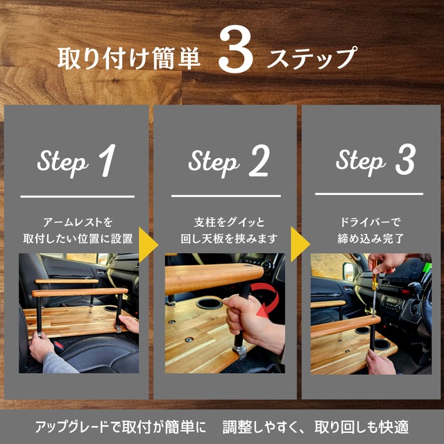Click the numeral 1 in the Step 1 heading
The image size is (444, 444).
(106, 161)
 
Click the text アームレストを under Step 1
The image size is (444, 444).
(77, 223)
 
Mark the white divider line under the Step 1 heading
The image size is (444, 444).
(77, 196)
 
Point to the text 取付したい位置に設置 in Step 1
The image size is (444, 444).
(77, 239)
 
